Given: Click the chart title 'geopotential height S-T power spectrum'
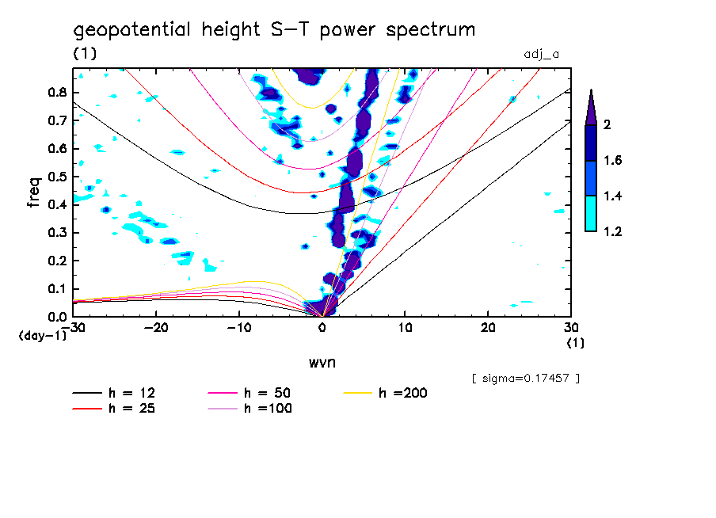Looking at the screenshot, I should (274, 31).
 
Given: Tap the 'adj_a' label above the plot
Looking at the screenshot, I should (543, 55).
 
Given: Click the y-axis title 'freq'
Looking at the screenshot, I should (33, 192).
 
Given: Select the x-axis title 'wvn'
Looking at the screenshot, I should (322, 362).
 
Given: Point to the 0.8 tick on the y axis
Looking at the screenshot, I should (56, 92).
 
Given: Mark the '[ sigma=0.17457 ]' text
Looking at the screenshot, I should (525, 379).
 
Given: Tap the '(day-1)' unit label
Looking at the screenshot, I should (43, 336).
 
